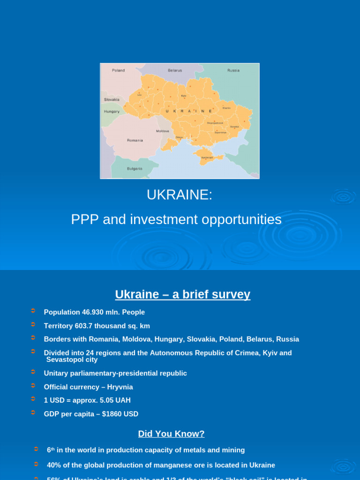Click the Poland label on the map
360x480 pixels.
118,70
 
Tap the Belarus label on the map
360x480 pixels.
175,70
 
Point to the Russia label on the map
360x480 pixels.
233,70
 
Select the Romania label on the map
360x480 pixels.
135,140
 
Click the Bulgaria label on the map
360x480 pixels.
135,168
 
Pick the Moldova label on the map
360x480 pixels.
162,131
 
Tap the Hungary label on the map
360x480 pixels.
112,112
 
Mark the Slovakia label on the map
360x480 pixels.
112,99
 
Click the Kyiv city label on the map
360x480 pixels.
184,96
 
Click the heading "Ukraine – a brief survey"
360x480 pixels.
183,294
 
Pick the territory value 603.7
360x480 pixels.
84,326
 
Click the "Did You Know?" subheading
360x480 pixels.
172,434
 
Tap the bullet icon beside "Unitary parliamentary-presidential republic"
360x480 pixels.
33,372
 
